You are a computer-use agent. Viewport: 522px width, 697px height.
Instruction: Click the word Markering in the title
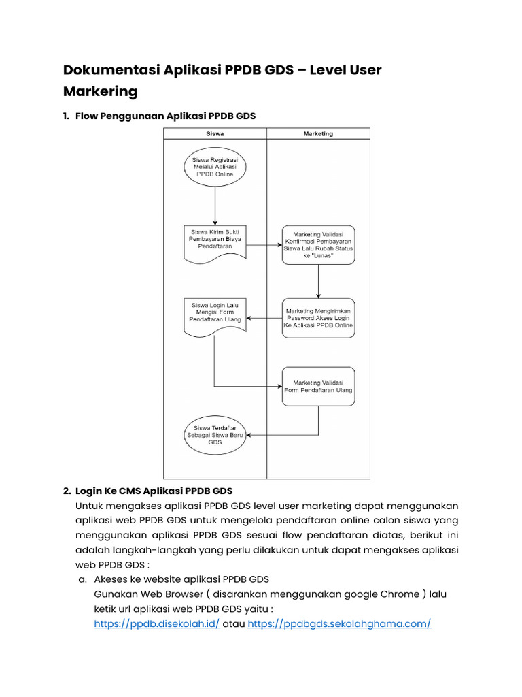coord(100,91)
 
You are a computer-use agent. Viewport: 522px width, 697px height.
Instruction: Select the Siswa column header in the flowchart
coord(215,134)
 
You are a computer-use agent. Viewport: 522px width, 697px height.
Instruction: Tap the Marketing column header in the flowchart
coord(318,134)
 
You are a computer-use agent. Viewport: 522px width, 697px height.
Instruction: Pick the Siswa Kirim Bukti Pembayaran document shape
coord(215,240)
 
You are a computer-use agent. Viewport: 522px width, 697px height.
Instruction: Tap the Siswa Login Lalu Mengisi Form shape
coord(215,312)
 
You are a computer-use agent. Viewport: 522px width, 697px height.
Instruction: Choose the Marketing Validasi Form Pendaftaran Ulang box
coord(318,387)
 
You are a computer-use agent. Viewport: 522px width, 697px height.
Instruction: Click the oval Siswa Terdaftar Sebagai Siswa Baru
coord(215,434)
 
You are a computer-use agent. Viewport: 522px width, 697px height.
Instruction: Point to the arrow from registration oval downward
coord(215,204)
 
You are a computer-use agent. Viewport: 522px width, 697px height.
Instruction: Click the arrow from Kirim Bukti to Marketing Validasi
coord(265,245)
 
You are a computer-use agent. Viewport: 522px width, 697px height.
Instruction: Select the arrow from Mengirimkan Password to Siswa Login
coord(265,318)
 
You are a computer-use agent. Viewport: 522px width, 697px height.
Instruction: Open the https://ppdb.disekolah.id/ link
coord(156,623)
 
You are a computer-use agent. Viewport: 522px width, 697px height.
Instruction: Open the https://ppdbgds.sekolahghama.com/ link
coord(339,623)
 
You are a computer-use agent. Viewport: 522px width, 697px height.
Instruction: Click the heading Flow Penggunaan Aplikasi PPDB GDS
coord(166,116)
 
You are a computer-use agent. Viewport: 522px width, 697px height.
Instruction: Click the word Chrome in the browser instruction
coord(401,594)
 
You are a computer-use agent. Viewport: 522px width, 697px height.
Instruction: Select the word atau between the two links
coord(234,623)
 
